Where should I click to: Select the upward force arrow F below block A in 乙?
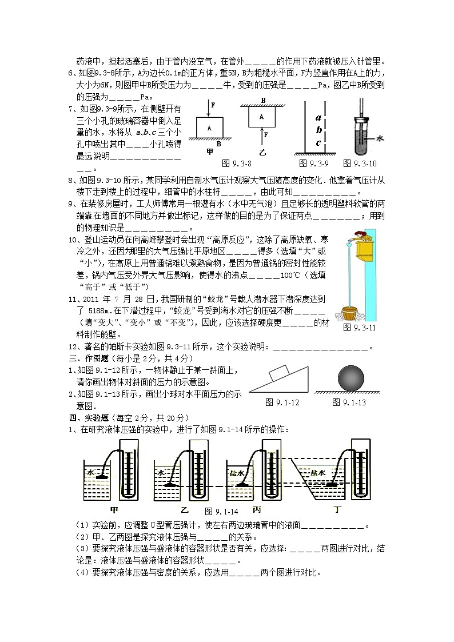tap(262, 135)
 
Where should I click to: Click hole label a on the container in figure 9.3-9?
tap(318, 118)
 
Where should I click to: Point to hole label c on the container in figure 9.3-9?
tap(318, 143)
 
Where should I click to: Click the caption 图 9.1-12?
tap(283, 402)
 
